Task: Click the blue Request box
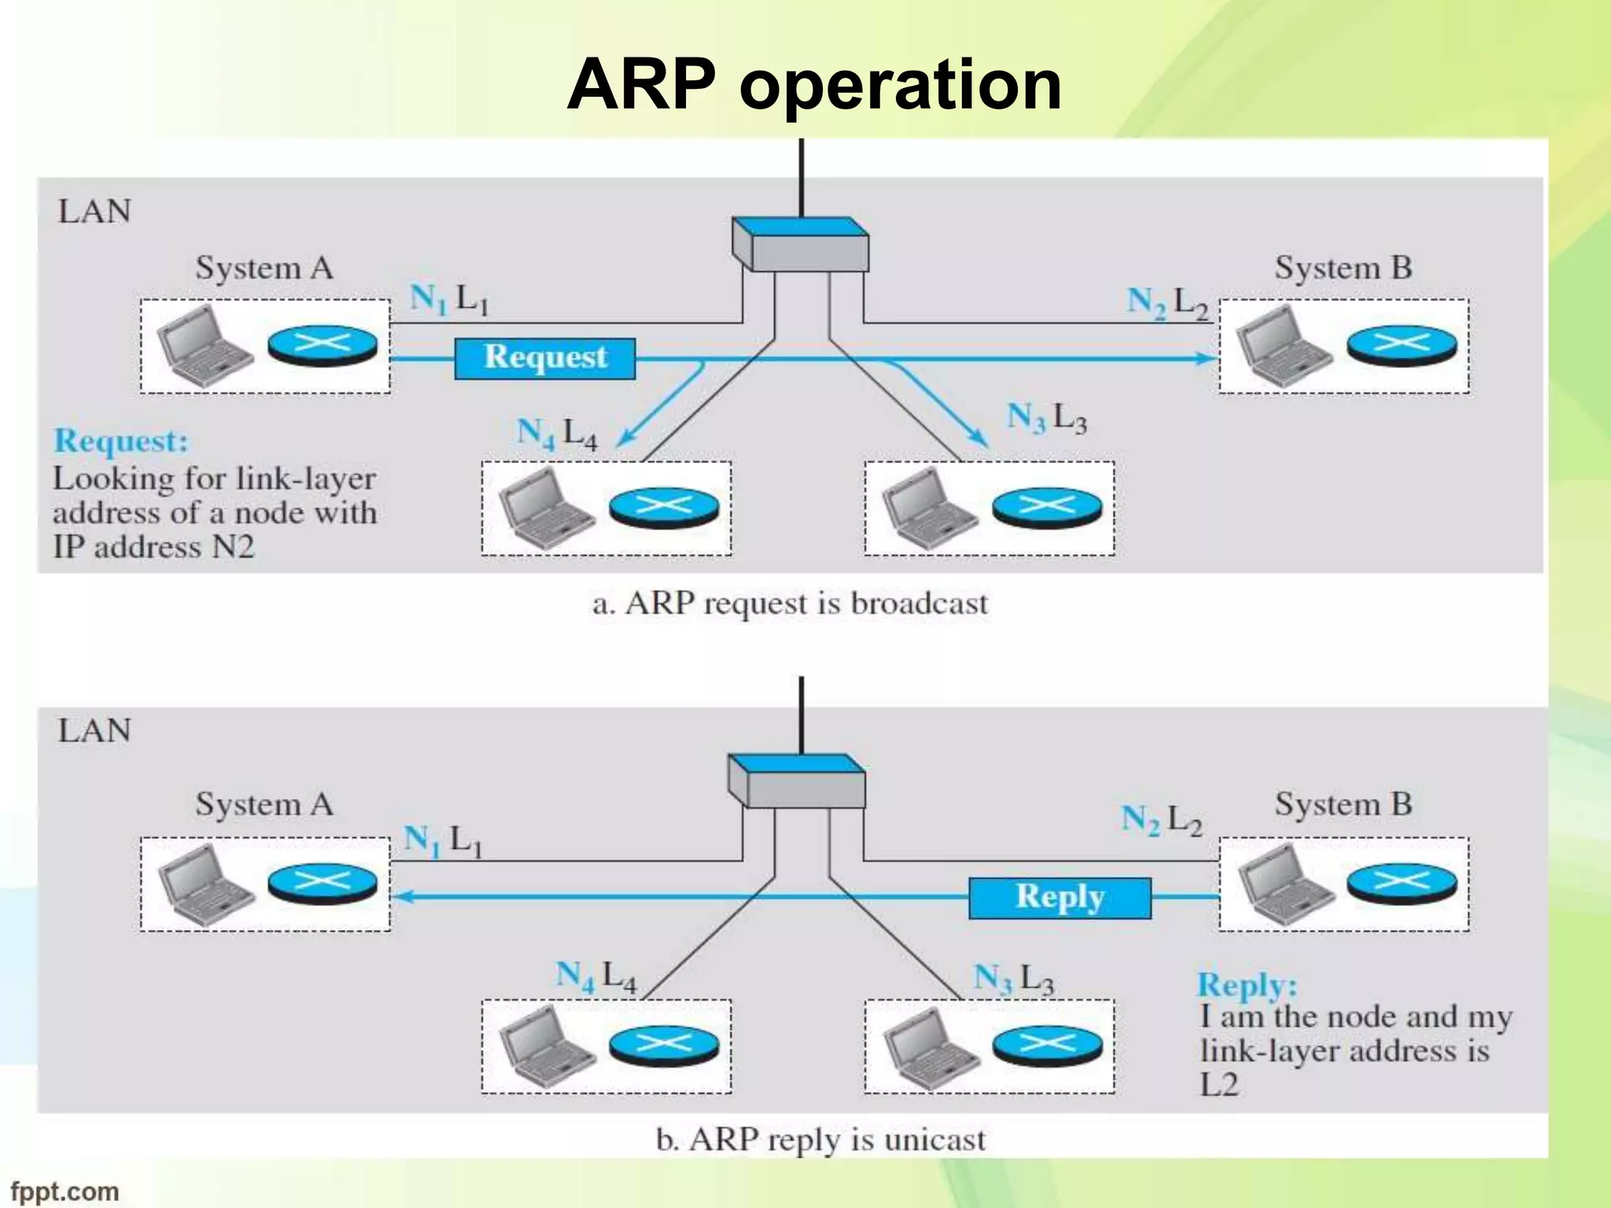pyautogui.click(x=544, y=358)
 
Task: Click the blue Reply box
pyautogui.click(x=1060, y=897)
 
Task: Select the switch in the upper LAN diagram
pyautogui.click(x=801, y=245)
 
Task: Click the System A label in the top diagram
pyautogui.click(x=264, y=268)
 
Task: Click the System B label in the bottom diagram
pyautogui.click(x=1343, y=805)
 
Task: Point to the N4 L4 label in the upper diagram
pyautogui.click(x=556, y=433)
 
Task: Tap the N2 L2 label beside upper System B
pyautogui.click(x=1167, y=303)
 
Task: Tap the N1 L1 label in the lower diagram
pyautogui.click(x=443, y=841)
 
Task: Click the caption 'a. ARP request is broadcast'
pyautogui.click(x=790, y=604)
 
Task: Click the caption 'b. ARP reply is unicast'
pyautogui.click(x=820, y=1140)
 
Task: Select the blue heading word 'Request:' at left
pyautogui.click(x=121, y=441)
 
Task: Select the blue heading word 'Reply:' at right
pyautogui.click(x=1247, y=985)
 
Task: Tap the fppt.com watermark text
pyautogui.click(x=65, y=1191)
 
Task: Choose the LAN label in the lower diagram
pyautogui.click(x=94, y=731)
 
